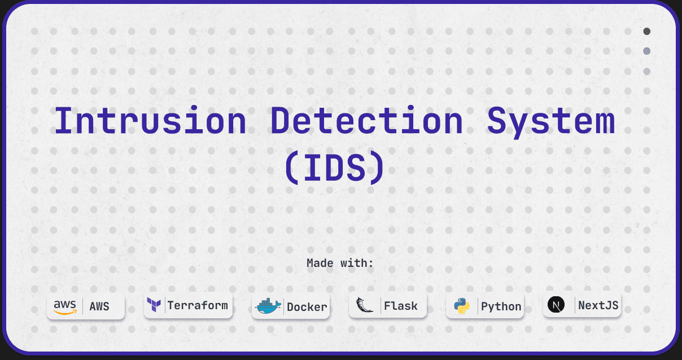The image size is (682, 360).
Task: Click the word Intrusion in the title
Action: (x=150, y=121)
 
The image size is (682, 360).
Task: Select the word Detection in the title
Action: (x=366, y=121)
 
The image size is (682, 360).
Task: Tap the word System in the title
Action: (x=550, y=121)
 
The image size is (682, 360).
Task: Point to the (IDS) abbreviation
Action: (x=334, y=168)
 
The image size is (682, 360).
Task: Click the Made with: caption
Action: (x=340, y=263)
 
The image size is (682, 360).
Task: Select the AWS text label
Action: (x=99, y=307)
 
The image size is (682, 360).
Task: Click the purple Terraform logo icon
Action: (x=154, y=305)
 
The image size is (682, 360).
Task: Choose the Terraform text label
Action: (x=198, y=305)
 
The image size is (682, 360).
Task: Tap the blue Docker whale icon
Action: (x=268, y=306)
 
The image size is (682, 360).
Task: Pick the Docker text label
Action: (x=307, y=307)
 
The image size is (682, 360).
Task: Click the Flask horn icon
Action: (x=365, y=305)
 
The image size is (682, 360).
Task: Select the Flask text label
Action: (x=401, y=306)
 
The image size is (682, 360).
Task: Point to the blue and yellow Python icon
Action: (x=462, y=306)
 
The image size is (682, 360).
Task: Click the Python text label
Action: (x=501, y=306)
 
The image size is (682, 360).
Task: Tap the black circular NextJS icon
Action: (x=556, y=305)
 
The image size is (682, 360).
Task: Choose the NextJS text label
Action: (x=598, y=306)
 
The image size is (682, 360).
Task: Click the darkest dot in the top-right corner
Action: (x=647, y=31)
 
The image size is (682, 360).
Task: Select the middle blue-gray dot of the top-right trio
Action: (x=647, y=51)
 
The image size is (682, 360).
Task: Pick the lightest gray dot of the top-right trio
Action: (x=647, y=72)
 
